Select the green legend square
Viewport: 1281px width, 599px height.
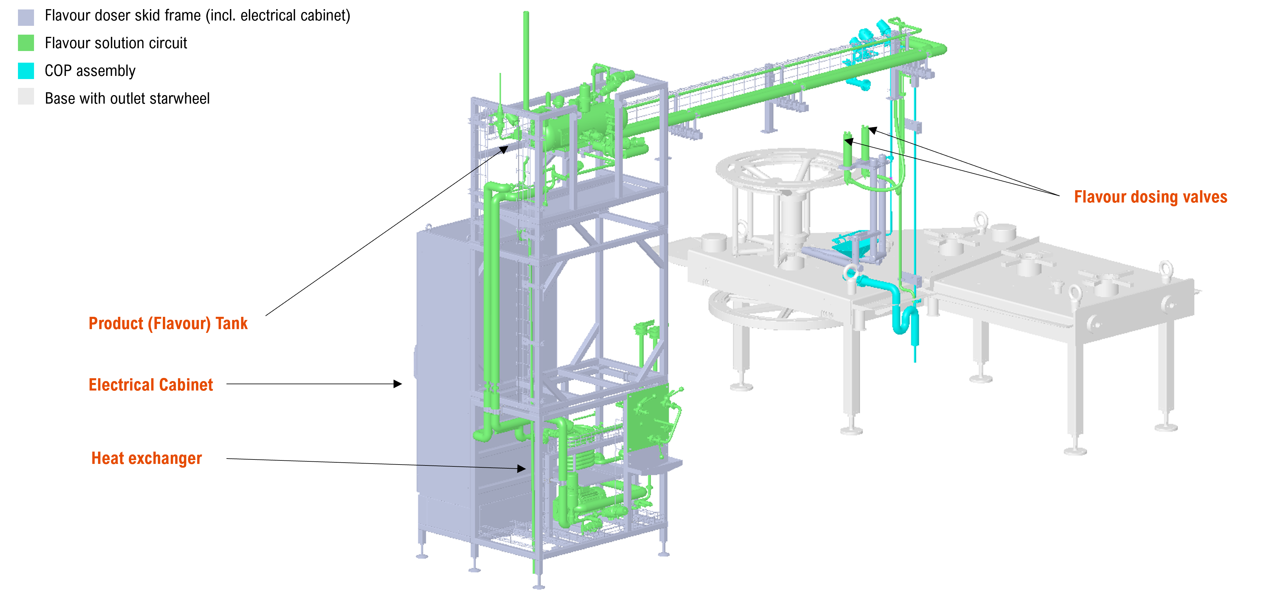click(x=26, y=43)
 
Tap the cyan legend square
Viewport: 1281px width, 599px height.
click(x=26, y=71)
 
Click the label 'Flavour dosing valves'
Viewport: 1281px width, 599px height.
click(x=1150, y=197)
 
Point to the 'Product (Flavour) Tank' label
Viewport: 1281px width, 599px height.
click(x=168, y=324)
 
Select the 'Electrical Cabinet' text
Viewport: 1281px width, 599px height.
click(x=151, y=385)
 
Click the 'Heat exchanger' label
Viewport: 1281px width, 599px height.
click(x=147, y=458)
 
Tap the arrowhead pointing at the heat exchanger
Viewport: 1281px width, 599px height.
click(x=522, y=468)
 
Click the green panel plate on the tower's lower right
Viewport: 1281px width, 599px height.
click(x=648, y=418)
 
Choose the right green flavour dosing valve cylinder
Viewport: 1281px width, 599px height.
click(x=865, y=144)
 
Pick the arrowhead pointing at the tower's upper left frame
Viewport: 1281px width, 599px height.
click(x=504, y=149)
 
